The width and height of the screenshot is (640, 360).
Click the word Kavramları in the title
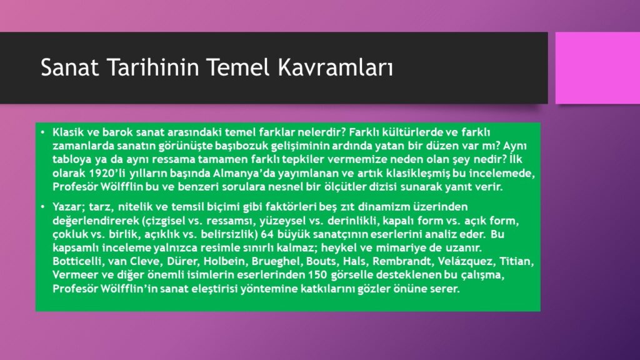[336, 67]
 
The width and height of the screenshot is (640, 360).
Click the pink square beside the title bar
[597, 67]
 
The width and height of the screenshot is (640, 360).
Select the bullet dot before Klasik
[42, 132]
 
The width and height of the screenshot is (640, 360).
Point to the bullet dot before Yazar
[42, 206]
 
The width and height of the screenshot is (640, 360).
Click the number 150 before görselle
[318, 275]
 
